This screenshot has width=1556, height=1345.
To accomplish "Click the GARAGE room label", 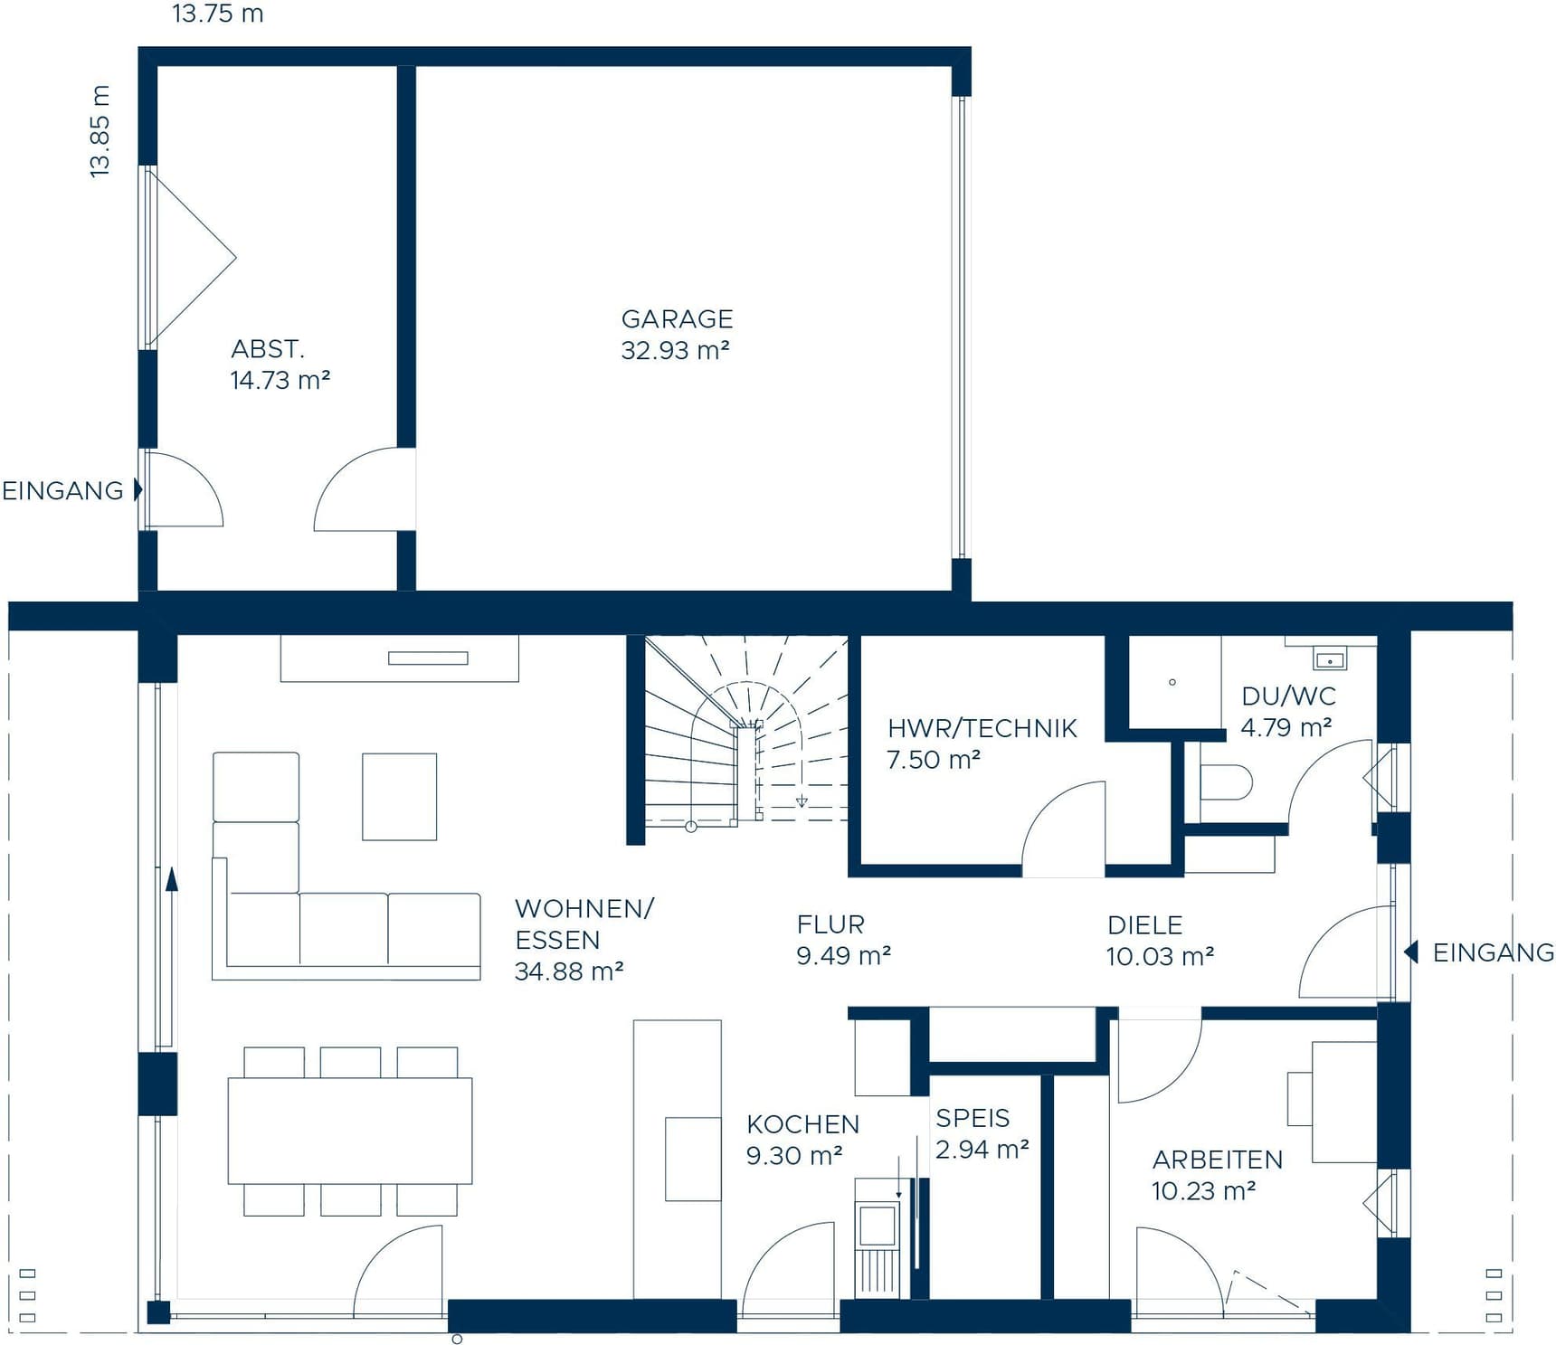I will (677, 319).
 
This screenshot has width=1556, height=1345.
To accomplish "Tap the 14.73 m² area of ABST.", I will (280, 381).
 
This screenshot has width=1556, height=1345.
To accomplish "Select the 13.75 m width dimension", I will (217, 14).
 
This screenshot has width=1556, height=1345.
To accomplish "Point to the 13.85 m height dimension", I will (100, 131).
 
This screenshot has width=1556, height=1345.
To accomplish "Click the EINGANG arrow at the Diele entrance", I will (1410, 952).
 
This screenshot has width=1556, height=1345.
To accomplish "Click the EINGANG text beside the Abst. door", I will (62, 491).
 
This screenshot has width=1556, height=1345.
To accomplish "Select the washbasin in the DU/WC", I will (1329, 660).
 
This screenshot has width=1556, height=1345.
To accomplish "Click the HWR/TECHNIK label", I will (982, 728).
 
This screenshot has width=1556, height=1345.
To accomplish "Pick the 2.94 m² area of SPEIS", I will (982, 1150).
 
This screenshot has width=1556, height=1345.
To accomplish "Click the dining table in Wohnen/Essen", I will (349, 1131).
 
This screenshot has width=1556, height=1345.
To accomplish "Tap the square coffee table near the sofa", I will (399, 796).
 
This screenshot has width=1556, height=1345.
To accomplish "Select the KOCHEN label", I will (802, 1124).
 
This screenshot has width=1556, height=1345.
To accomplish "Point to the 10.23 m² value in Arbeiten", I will (1203, 1191).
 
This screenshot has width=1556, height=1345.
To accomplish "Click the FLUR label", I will (830, 924).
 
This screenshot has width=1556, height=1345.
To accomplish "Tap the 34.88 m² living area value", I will (569, 971).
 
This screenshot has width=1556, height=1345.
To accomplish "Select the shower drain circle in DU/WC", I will (1172, 682).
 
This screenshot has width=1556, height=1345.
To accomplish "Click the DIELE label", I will (1144, 925).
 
